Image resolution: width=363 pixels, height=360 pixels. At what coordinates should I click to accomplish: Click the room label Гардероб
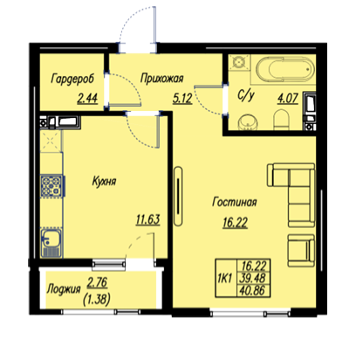click(x=72, y=79)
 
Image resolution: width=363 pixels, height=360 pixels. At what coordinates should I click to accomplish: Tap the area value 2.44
click(x=87, y=98)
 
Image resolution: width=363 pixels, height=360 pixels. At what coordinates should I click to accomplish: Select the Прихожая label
click(x=161, y=78)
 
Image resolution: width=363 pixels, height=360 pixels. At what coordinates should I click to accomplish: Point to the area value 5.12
click(x=182, y=98)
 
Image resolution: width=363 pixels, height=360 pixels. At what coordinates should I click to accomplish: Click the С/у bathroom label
click(x=246, y=95)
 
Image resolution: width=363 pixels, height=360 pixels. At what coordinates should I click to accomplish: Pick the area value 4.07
click(x=288, y=98)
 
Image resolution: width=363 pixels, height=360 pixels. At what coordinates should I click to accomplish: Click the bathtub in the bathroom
click(x=286, y=69)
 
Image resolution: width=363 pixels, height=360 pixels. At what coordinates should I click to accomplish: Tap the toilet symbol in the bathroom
click(x=281, y=120)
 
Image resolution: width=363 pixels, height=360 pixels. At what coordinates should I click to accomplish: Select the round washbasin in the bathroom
click(x=248, y=121)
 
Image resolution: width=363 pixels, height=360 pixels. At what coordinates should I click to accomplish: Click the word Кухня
click(x=104, y=181)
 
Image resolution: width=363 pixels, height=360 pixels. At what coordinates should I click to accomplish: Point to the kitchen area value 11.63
click(x=148, y=219)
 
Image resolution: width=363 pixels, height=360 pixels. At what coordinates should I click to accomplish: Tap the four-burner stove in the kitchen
click(x=51, y=186)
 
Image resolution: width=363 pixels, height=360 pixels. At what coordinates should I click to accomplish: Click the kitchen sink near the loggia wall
click(x=51, y=243)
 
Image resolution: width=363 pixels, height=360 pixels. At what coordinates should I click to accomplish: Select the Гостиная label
click(x=235, y=202)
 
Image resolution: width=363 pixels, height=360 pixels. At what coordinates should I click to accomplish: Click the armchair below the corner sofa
click(x=301, y=250)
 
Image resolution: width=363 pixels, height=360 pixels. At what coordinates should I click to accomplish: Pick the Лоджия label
click(x=64, y=289)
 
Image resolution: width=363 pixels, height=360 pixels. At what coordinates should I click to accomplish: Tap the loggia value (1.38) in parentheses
click(x=97, y=299)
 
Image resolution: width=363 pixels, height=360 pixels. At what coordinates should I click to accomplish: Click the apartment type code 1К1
click(x=224, y=279)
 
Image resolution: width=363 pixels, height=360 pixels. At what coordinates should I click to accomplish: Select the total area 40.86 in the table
click(x=252, y=291)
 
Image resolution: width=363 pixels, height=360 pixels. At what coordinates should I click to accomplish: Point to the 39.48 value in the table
click(x=252, y=278)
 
